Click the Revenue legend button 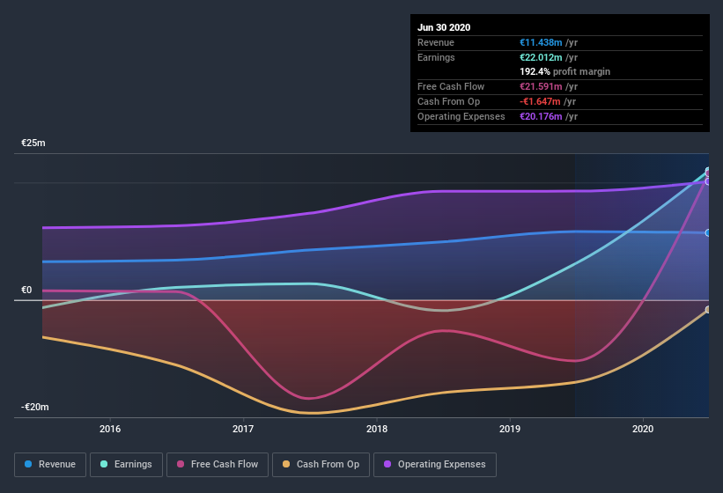50,464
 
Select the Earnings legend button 126,464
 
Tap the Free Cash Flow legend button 218,464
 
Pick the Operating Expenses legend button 434,464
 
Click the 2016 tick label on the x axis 110,430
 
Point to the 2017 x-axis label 243,430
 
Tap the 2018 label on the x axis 377,430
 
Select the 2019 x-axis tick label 510,430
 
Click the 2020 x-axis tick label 643,430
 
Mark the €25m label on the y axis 33,143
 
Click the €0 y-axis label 26,290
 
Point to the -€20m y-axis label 35,407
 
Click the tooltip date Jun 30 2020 444,27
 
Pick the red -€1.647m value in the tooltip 541,101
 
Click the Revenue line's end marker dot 708,232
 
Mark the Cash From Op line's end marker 708,310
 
